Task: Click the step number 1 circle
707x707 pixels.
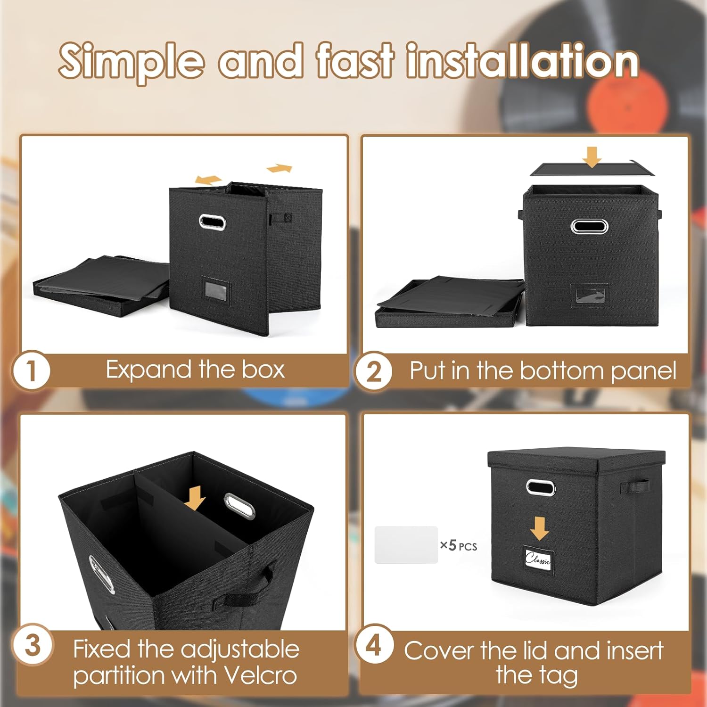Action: pyautogui.click(x=31, y=370)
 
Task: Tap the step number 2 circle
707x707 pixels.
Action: pyautogui.click(x=374, y=371)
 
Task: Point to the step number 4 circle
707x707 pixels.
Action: pyautogui.click(x=374, y=644)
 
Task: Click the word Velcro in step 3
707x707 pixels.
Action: pyautogui.click(x=261, y=675)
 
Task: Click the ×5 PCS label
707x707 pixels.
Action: pyautogui.click(x=459, y=546)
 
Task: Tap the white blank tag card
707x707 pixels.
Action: pyautogui.click(x=406, y=545)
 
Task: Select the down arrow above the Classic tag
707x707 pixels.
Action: pyautogui.click(x=540, y=528)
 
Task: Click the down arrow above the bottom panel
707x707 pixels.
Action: pyautogui.click(x=592, y=157)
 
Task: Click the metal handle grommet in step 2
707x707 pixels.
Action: pyautogui.click(x=589, y=226)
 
